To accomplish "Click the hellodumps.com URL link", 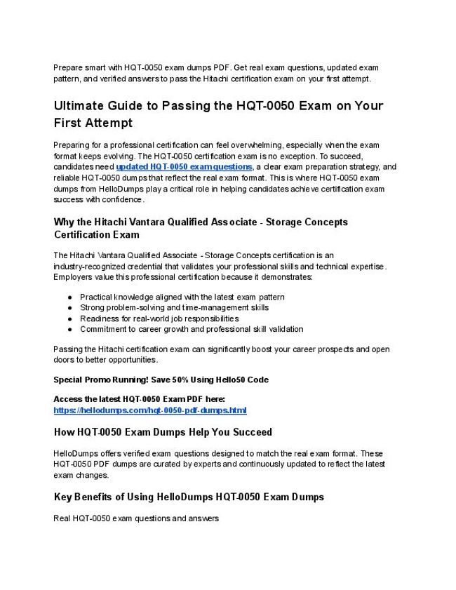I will pos(150,410).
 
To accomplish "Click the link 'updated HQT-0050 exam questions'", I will pos(184,167).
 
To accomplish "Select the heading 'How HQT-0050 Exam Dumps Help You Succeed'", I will pos(163,431).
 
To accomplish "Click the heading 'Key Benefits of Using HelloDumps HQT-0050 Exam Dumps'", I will pos(189,497).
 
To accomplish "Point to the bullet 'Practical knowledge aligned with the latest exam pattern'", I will pos(182,297).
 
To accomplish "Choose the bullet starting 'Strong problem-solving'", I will pos(174,307).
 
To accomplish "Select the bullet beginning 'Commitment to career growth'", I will pos(192,329).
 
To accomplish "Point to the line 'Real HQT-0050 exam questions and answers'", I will pos(136,519).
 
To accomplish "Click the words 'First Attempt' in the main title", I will pos(93,123).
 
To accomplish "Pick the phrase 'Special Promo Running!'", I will pos(96,380).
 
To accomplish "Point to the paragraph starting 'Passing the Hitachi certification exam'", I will pos(222,354).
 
